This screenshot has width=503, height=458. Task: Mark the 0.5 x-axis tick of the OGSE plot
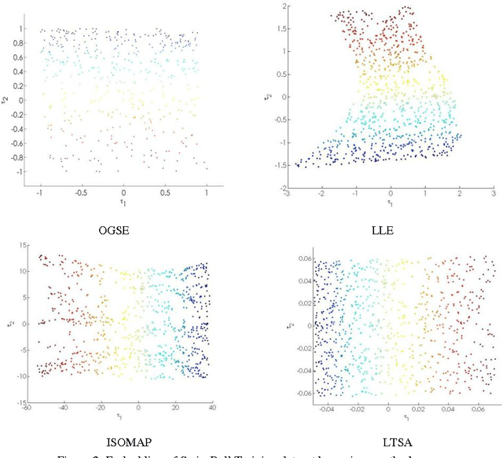(164, 192)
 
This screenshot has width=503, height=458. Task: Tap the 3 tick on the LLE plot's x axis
(493, 193)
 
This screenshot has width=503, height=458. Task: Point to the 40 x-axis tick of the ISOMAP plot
(214, 408)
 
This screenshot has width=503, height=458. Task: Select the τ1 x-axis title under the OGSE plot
(123, 201)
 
